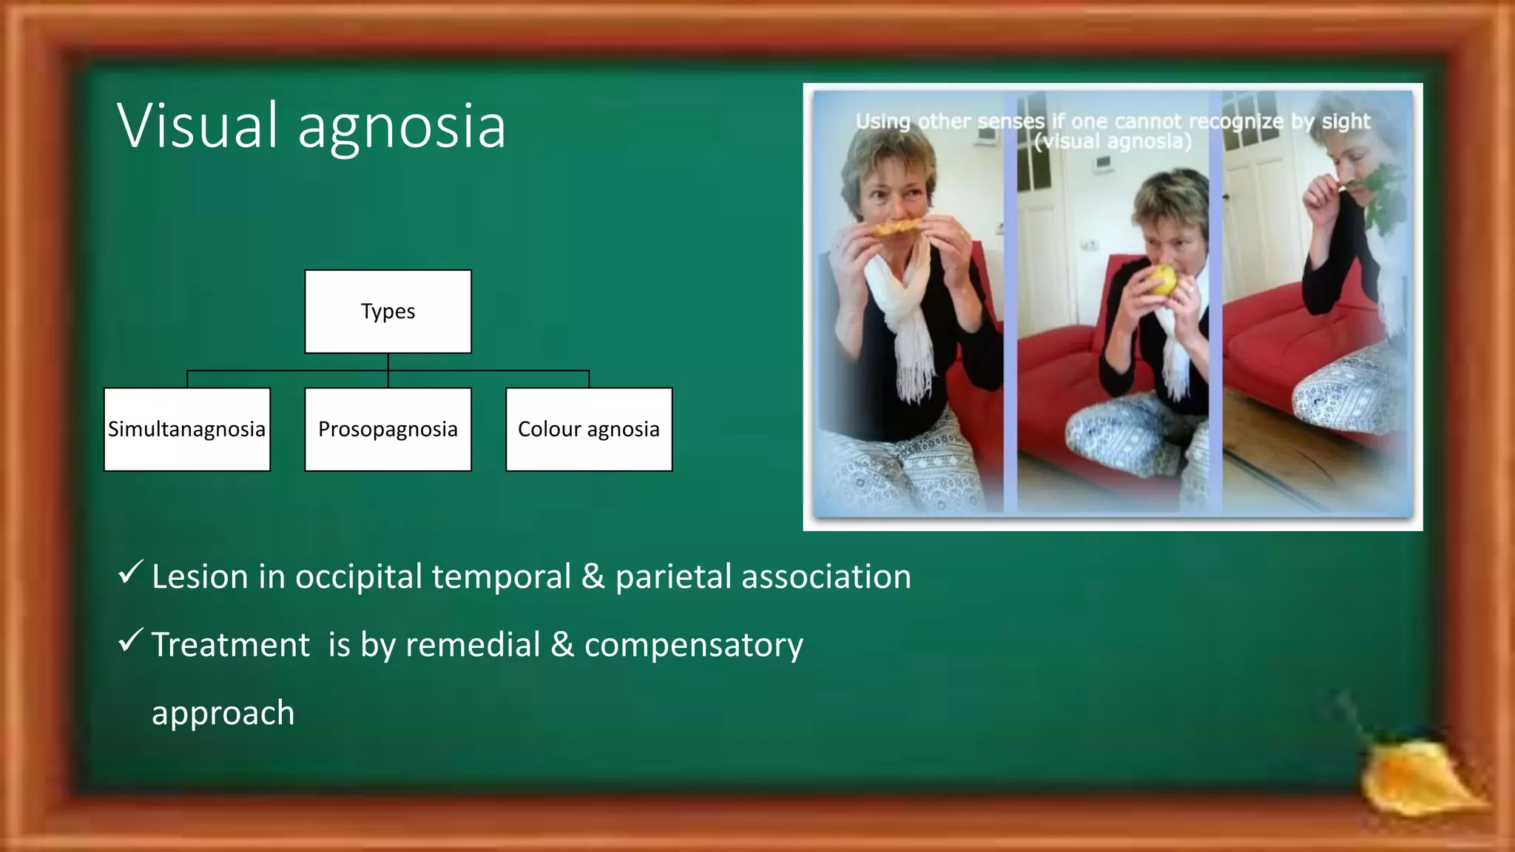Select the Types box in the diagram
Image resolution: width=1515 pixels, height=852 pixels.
click(x=388, y=311)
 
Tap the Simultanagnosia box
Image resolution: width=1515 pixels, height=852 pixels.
click(x=186, y=429)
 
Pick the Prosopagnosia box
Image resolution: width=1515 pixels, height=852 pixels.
click(x=388, y=429)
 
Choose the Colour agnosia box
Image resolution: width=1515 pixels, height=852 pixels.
click(x=589, y=429)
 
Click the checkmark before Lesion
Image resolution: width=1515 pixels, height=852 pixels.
click(x=130, y=572)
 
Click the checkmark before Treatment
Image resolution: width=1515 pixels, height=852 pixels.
click(x=130, y=640)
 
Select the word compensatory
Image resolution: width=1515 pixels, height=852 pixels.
click(x=693, y=645)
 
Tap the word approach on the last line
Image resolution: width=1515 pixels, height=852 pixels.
click(x=223, y=713)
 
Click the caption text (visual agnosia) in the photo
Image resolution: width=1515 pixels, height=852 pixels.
click(x=1113, y=142)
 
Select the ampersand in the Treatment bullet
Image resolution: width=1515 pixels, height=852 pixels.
click(x=562, y=645)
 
